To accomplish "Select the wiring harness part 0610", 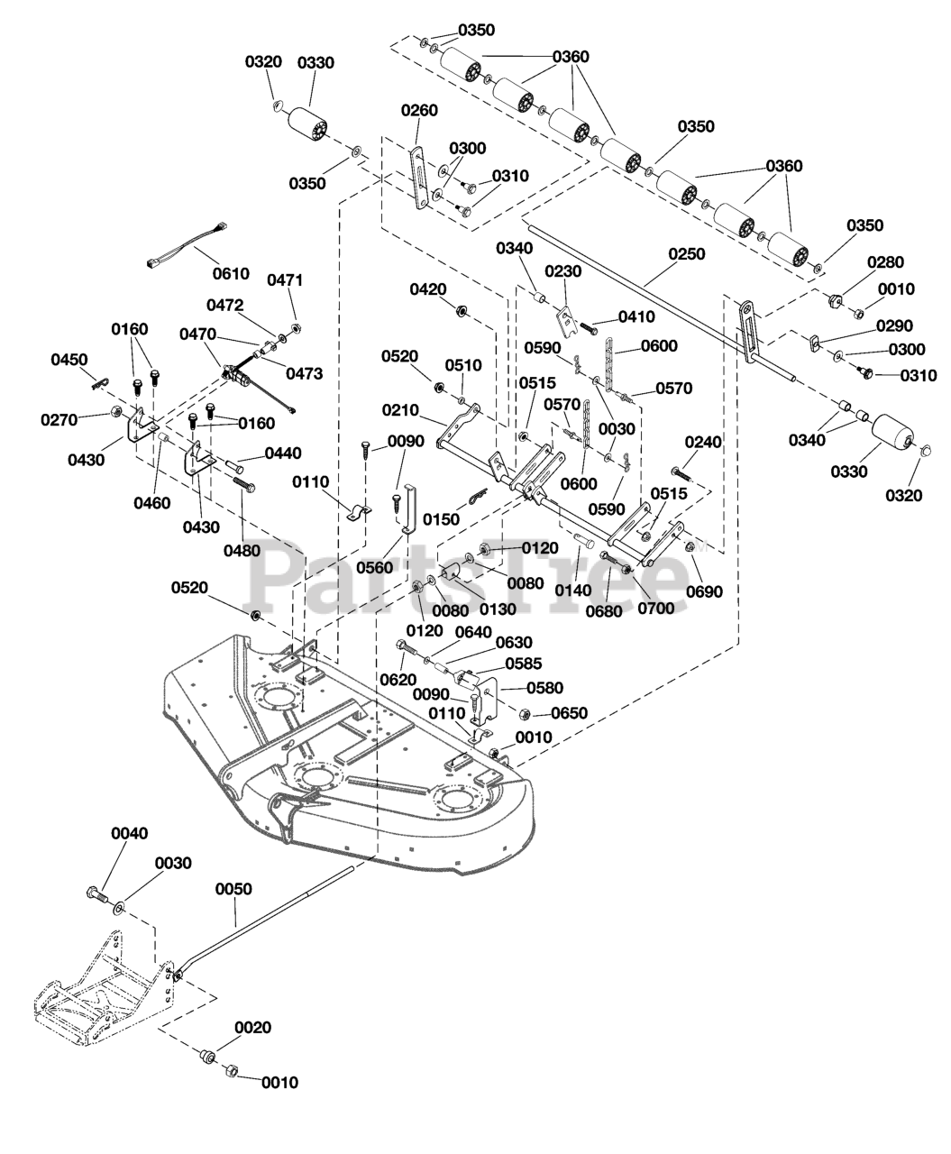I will [184, 244].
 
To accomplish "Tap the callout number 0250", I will [687, 255].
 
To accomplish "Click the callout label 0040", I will [129, 833].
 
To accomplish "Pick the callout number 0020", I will [253, 1027].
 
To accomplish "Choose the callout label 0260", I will [419, 110].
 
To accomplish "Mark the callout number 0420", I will [428, 289].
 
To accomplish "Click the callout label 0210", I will [400, 410].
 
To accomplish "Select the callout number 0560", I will [375, 567].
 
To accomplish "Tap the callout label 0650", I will [569, 712].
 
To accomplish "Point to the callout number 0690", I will [704, 592].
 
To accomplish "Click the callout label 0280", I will [884, 261].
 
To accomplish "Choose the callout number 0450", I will [69, 360].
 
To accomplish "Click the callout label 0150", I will [442, 519].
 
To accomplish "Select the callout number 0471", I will [285, 279].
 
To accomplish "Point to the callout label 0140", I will [574, 591].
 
